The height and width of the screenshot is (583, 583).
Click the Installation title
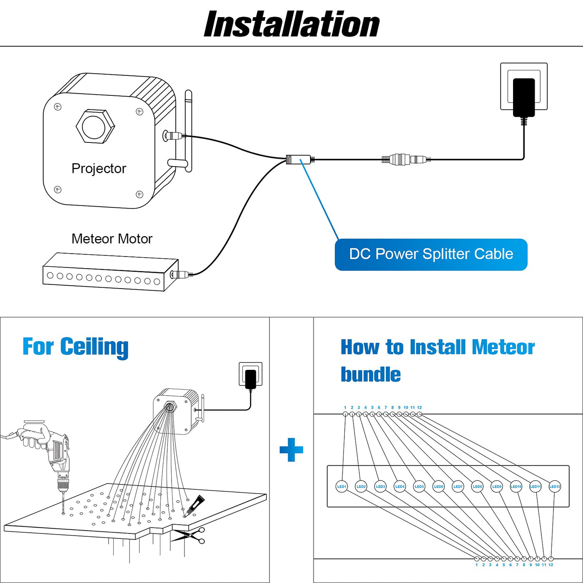tap(291, 24)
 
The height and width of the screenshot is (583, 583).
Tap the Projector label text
tap(99, 168)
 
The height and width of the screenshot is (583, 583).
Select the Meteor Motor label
tap(112, 239)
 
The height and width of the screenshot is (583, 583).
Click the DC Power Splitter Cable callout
tap(431, 254)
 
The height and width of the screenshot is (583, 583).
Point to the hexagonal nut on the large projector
tap(95, 126)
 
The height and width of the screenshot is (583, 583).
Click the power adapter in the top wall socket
tap(524, 97)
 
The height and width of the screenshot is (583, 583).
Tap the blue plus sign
tap(291, 450)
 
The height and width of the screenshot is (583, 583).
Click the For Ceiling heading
tap(75, 347)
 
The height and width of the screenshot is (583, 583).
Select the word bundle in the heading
tap(371, 374)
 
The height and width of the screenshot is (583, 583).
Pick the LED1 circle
tap(341, 486)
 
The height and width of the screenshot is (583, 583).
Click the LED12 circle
tap(555, 486)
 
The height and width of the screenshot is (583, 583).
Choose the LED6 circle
tap(438, 486)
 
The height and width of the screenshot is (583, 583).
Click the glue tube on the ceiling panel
tap(195, 504)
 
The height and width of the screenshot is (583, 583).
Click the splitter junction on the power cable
tap(299, 159)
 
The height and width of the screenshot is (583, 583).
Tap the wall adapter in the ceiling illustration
tap(251, 378)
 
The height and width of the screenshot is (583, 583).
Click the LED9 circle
tap(497, 486)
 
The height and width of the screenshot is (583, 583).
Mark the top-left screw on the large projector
tap(58, 107)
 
